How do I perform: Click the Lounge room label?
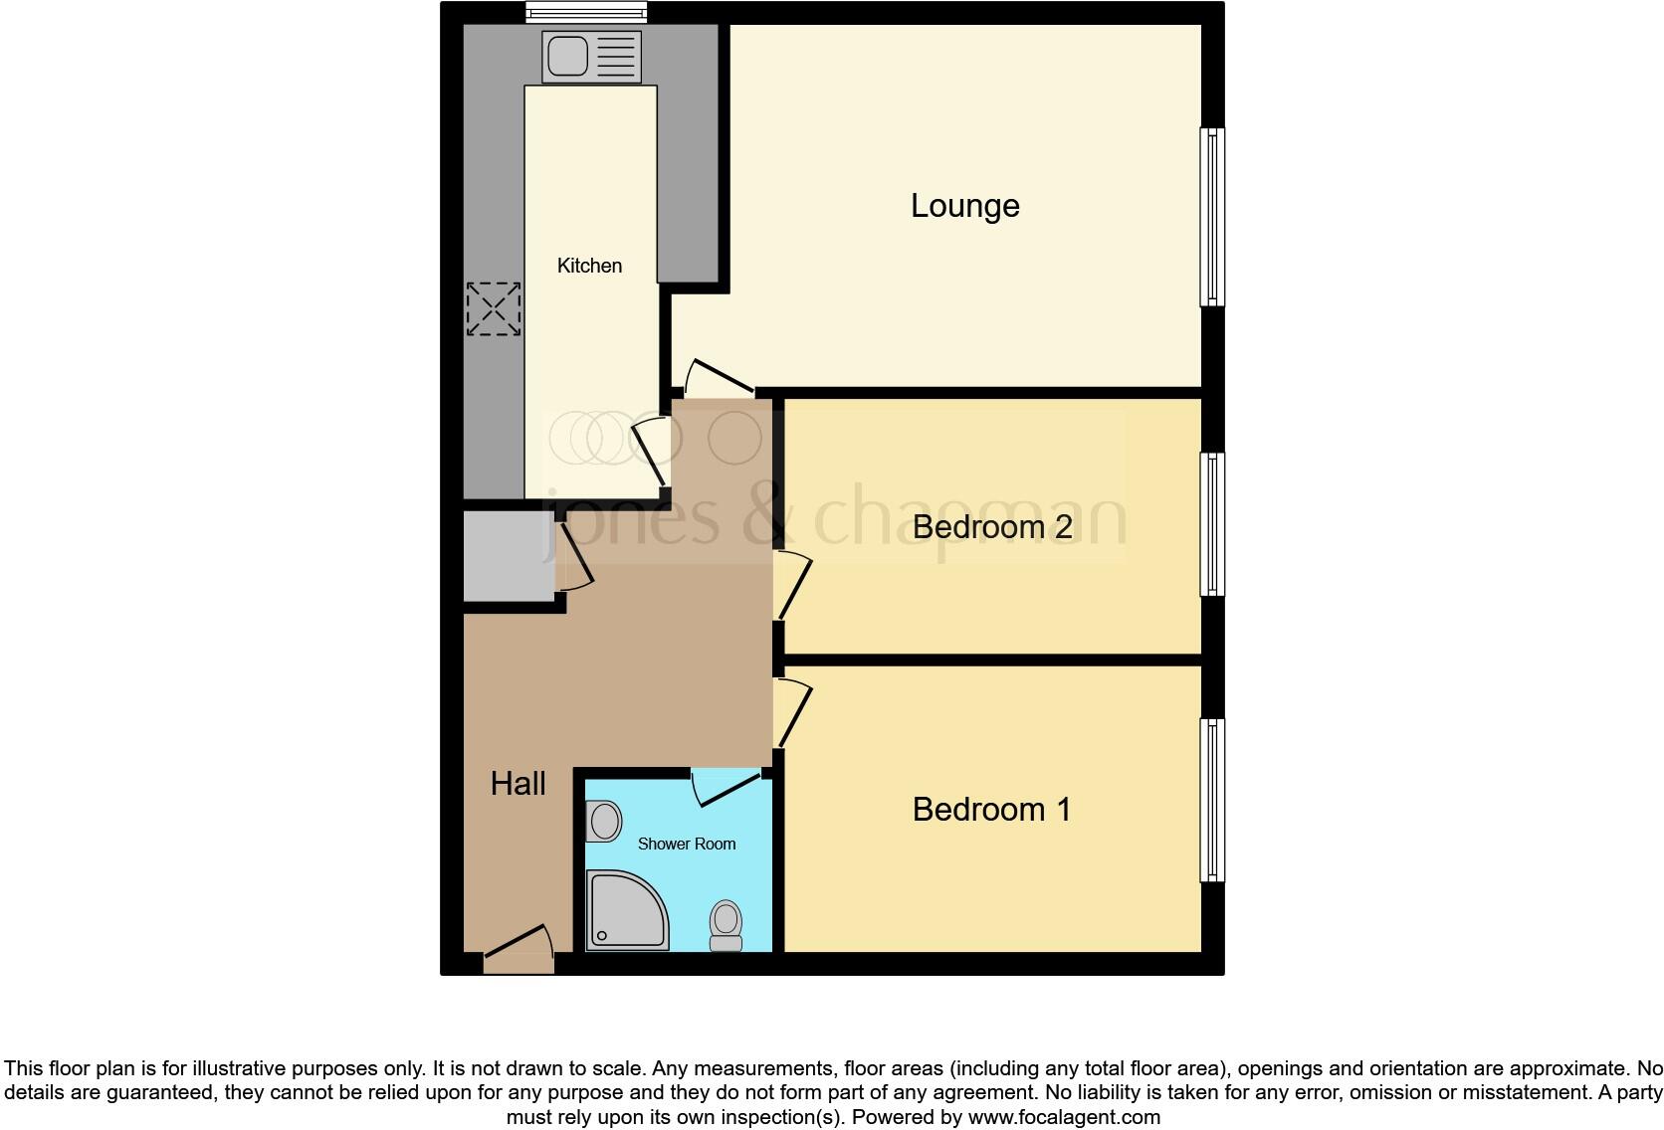[964, 206]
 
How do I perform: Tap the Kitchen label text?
[589, 266]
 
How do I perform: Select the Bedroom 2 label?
[991, 526]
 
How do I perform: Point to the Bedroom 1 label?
[991, 809]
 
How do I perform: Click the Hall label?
[518, 784]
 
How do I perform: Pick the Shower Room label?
[686, 844]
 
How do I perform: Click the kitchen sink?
[591, 56]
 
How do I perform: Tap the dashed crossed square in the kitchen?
[494, 308]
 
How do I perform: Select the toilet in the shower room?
[726, 926]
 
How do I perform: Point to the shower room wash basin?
[604, 823]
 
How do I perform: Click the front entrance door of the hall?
[519, 950]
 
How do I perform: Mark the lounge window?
[1212, 216]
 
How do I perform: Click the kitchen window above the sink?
[586, 12]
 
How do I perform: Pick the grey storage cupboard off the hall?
[510, 557]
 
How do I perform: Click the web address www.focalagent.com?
[1064, 1117]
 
